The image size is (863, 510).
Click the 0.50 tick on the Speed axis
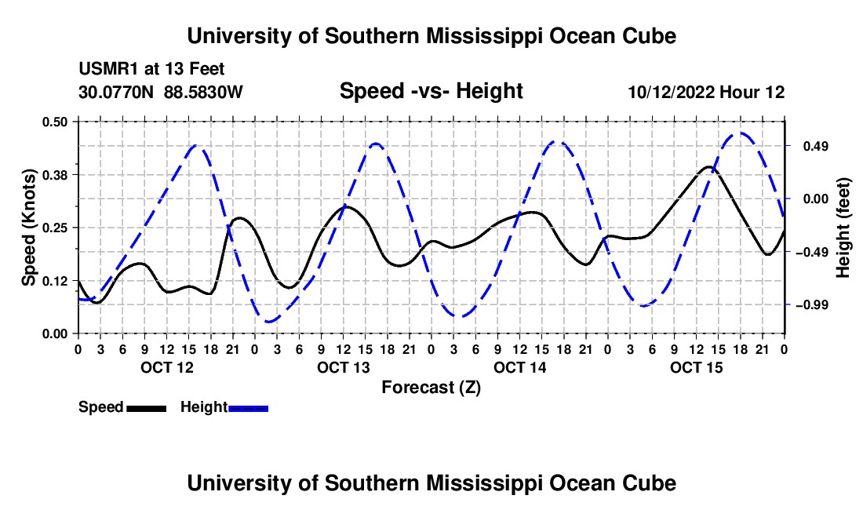[54, 122]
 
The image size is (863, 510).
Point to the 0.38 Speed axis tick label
[54, 175]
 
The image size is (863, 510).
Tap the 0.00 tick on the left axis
[54, 333]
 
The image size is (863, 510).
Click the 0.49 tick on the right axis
[815, 147]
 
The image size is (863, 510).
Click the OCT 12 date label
[167, 367]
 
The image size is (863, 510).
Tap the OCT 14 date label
[520, 367]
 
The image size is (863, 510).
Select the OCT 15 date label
[696, 367]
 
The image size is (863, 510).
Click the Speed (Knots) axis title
[28, 228]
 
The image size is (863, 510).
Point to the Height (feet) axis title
[843, 228]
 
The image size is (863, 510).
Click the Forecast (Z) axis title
[431, 388]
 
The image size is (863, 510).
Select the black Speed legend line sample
[147, 408]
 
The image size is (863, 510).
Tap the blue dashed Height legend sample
[248, 408]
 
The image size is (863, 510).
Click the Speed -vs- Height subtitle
[431, 91]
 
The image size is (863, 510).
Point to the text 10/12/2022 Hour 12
[706, 92]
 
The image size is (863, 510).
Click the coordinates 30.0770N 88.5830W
[160, 92]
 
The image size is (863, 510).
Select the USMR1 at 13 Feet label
[151, 69]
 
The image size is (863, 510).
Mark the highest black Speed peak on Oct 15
[709, 166]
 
